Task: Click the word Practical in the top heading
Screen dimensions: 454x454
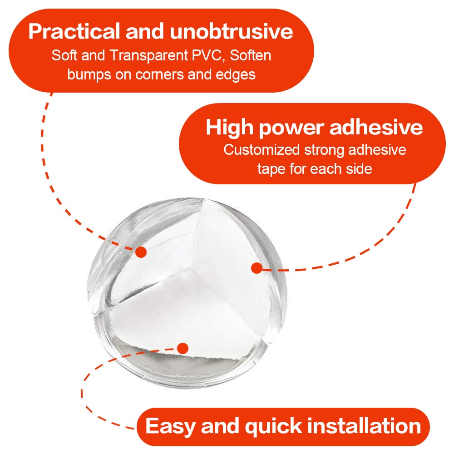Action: click(74, 32)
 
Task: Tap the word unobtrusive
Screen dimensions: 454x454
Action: click(232, 31)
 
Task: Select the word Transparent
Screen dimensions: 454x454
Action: click(149, 55)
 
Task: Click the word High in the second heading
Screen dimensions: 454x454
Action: click(230, 128)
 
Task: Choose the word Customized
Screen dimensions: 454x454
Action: click(262, 150)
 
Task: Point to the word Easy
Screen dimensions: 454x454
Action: click(171, 426)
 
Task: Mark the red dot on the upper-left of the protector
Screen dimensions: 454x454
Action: click(141, 252)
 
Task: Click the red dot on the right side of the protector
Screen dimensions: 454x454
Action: click(257, 268)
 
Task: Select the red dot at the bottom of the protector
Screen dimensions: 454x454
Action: click(183, 348)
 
